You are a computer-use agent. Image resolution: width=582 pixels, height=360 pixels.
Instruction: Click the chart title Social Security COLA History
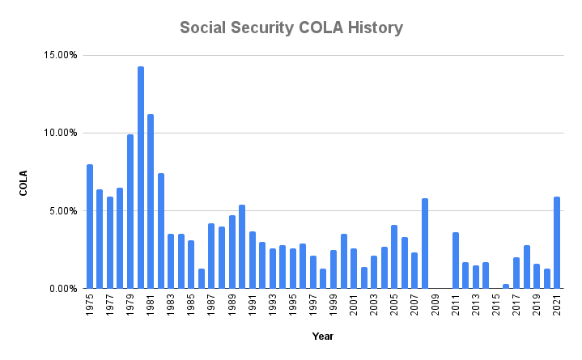pyautogui.click(x=291, y=28)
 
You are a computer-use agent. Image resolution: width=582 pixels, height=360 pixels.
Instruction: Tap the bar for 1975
pyautogui.click(x=90, y=227)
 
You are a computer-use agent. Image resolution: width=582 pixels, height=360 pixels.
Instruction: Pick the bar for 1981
pyautogui.click(x=151, y=201)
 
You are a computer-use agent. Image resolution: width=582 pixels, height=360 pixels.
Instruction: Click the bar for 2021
pyautogui.click(x=557, y=243)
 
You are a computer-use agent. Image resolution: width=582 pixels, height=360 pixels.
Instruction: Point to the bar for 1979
pyautogui.click(x=130, y=211)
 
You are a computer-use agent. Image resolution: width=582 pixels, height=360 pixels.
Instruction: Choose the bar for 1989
pyautogui.click(x=232, y=252)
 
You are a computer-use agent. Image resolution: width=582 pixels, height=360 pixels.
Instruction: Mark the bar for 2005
pyautogui.click(x=394, y=256)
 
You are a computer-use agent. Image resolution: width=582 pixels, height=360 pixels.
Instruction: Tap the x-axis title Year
pyautogui.click(x=322, y=336)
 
